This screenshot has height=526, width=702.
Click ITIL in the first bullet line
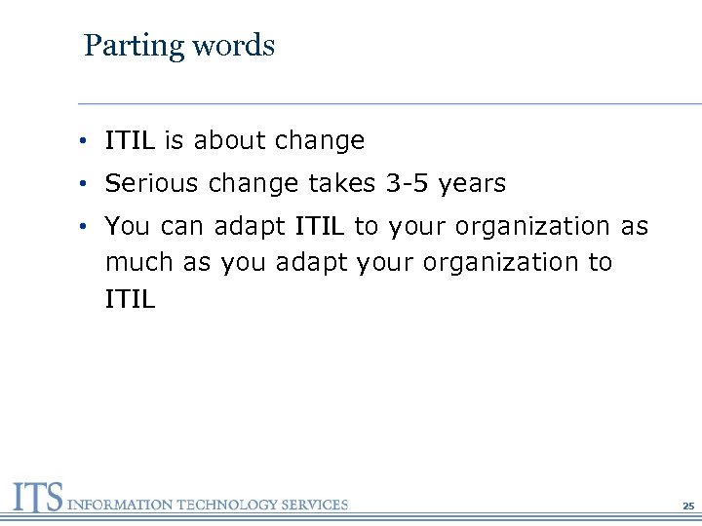(130, 141)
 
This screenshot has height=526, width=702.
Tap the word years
(473, 183)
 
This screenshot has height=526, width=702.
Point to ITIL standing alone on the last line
(130, 299)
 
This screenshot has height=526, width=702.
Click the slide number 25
(688, 507)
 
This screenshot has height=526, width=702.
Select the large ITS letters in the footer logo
(37, 498)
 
